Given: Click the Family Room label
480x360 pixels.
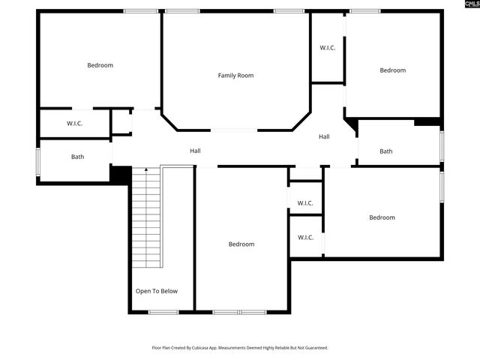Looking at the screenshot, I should click(235, 75).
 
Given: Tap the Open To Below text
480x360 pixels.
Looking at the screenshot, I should click(156, 291).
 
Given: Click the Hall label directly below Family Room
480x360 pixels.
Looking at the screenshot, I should click(195, 151).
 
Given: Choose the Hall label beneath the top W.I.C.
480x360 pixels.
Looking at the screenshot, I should click(324, 136).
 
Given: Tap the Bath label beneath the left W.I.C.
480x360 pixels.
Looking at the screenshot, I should click(77, 157).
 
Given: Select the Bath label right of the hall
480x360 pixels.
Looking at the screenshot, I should click(385, 151).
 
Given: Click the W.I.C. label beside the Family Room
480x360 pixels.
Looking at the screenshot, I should click(327, 48).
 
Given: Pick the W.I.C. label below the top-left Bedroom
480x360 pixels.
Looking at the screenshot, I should click(74, 123).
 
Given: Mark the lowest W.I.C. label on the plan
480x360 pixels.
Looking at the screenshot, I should click(305, 238).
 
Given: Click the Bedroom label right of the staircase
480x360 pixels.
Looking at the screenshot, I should click(241, 244).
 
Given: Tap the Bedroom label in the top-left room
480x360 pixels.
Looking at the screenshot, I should click(100, 65).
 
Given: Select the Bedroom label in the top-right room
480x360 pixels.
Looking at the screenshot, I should click(392, 70).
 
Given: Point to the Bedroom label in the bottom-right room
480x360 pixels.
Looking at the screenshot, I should click(382, 217).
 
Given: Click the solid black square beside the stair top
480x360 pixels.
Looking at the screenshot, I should click(120, 174).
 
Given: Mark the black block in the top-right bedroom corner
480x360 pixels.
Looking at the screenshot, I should click(427, 121).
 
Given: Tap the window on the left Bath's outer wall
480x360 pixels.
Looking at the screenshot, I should click(38, 161).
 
